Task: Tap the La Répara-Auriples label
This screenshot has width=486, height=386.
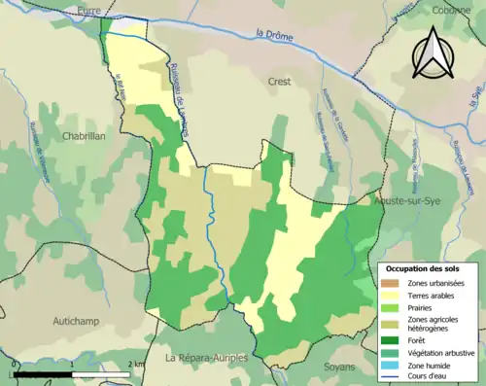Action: (x=206, y=358)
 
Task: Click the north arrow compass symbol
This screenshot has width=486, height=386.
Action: (x=429, y=53)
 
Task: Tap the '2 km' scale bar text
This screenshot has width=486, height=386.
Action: (x=136, y=364)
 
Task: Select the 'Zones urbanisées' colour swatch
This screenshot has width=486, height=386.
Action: (x=389, y=282)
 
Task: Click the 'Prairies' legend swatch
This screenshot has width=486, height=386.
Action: (x=389, y=307)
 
